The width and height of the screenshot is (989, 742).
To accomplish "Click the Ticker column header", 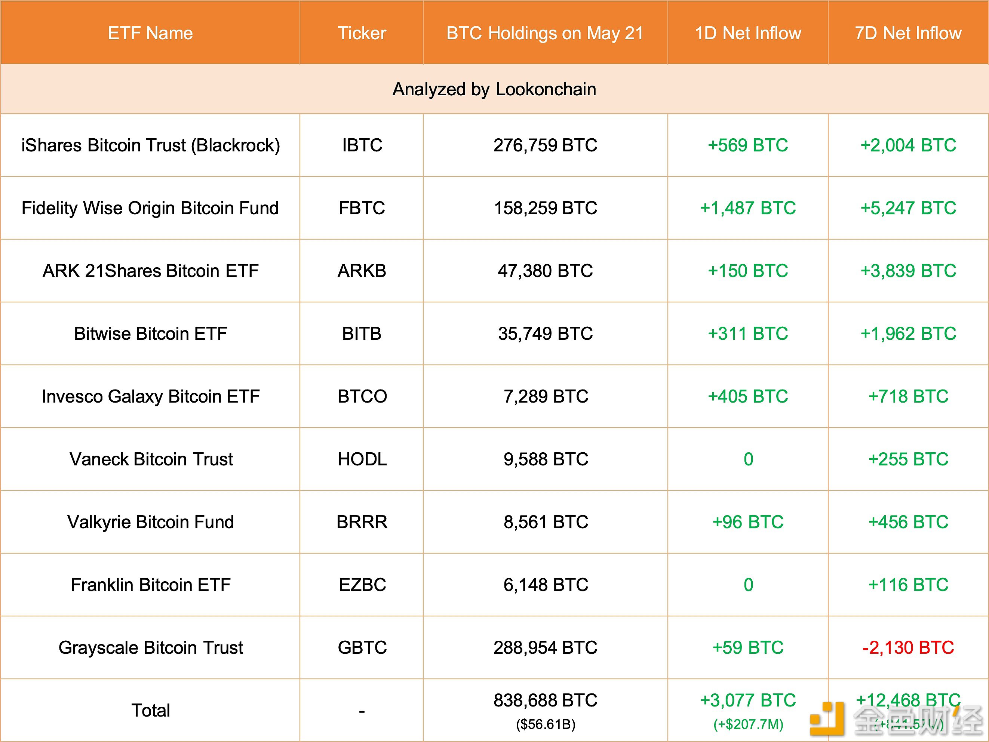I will click(362, 33).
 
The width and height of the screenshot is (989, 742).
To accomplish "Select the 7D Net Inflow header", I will click(908, 33).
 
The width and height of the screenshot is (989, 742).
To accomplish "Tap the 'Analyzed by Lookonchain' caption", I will click(494, 89).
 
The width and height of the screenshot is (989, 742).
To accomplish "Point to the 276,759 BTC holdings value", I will click(545, 145).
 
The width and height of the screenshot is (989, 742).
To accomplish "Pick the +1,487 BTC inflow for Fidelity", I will click(747, 208).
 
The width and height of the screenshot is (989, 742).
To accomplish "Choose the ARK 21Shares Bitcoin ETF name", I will click(151, 271).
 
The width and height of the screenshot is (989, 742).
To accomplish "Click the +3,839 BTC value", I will click(908, 271).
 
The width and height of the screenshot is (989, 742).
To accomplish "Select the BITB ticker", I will click(362, 334).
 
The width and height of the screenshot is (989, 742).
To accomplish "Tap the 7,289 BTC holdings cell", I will click(546, 397).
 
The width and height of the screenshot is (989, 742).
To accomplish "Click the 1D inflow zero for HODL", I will click(748, 459).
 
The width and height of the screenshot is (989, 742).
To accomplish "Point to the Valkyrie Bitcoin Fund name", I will click(151, 522).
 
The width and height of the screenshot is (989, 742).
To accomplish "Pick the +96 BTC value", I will click(747, 522).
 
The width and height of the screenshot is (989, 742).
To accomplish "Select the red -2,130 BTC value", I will click(908, 648).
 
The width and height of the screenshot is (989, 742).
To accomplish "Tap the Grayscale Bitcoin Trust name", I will click(151, 648).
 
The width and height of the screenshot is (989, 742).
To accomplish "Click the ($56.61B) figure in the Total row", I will click(546, 724).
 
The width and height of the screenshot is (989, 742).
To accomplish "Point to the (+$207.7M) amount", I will click(748, 724).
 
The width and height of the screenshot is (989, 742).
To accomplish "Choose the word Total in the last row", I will click(151, 710).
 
